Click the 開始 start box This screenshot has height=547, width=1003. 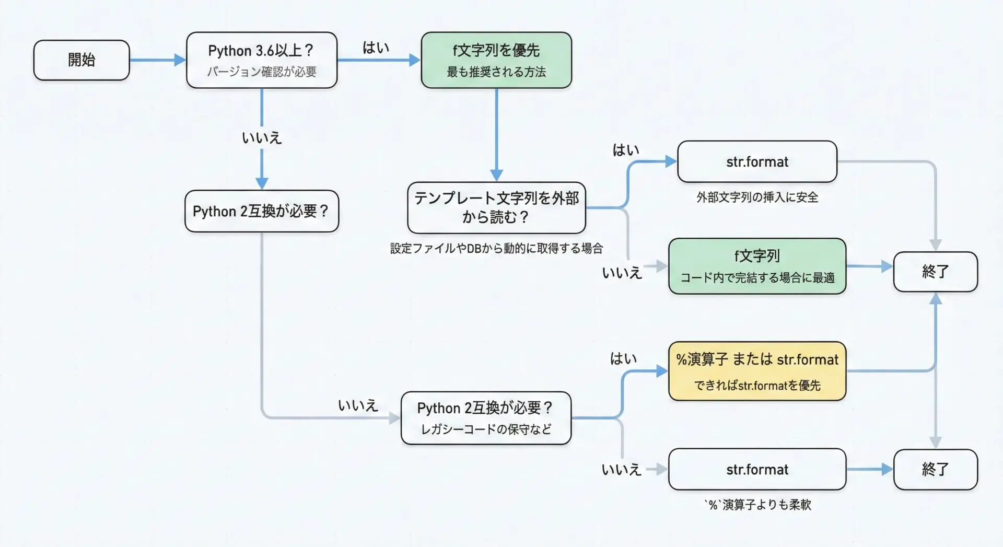(81, 60)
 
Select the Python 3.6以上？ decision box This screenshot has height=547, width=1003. (261, 60)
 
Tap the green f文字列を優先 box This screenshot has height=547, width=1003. (496, 60)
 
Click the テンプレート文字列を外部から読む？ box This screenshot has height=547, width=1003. (496, 207)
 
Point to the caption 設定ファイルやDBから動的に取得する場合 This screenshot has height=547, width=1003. (496, 248)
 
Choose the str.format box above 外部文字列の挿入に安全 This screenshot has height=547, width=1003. (757, 162)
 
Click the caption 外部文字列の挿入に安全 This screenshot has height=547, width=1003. (757, 197)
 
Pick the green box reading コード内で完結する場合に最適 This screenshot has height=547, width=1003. (757, 266)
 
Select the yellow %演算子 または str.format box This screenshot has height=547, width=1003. (757, 371)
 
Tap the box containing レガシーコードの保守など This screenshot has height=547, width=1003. (486, 418)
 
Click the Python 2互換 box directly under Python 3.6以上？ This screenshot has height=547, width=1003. (261, 211)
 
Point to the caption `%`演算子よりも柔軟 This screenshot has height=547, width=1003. (757, 505)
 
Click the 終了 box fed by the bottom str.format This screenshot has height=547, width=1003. (935, 469)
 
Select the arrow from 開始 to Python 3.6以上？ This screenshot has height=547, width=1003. (157, 60)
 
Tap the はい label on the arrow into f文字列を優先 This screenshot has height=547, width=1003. (376, 48)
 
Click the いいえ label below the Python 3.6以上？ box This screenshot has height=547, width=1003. (262, 138)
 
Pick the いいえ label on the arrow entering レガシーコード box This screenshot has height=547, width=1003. (358, 405)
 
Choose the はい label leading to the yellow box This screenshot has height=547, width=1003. (623, 359)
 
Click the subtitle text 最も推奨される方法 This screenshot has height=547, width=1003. (496, 72)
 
